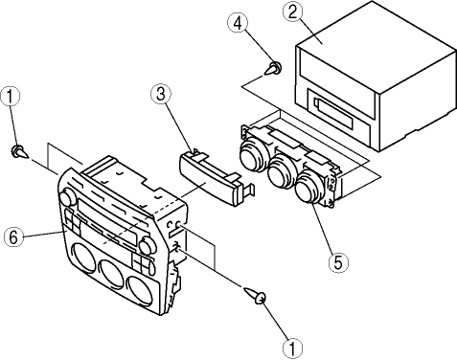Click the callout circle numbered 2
[292, 11]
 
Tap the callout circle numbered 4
[239, 24]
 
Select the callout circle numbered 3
[161, 94]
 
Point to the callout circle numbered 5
[338, 262]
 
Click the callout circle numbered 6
[13, 237]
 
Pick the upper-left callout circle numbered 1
[11, 97]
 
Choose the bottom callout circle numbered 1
[293, 348]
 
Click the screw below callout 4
[273, 68]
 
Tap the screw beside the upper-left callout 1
[20, 151]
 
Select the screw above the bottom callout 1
[255, 296]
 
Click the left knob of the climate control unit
[251, 155]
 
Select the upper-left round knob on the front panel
[67, 197]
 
